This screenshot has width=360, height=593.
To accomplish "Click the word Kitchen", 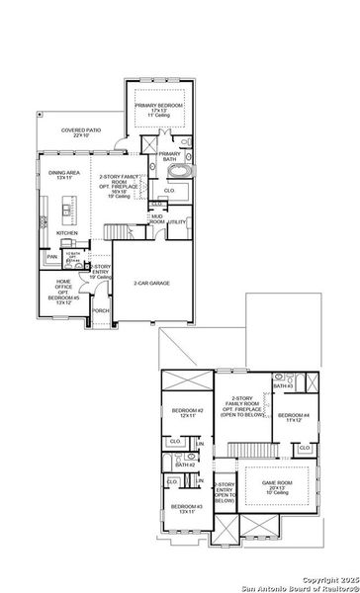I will click(66, 234).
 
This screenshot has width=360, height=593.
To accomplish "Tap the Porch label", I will click(100, 310).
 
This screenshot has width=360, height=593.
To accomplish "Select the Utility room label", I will click(177, 222).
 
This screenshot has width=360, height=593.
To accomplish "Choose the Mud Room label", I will click(157, 219).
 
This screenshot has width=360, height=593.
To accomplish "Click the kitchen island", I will click(66, 210).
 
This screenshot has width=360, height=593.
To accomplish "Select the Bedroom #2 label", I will click(188, 413).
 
